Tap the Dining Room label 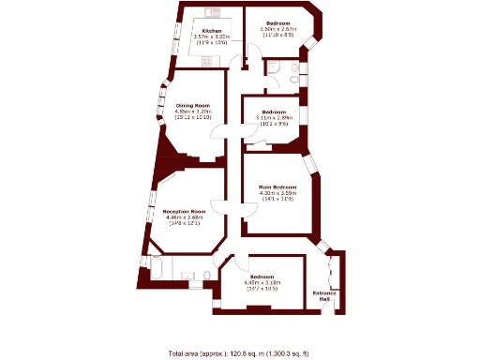[193, 105]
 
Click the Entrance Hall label [324, 296]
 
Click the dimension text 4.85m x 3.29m [193, 112]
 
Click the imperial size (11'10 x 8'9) [277, 35]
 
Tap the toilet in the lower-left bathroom [203, 274]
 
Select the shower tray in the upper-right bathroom [273, 67]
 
